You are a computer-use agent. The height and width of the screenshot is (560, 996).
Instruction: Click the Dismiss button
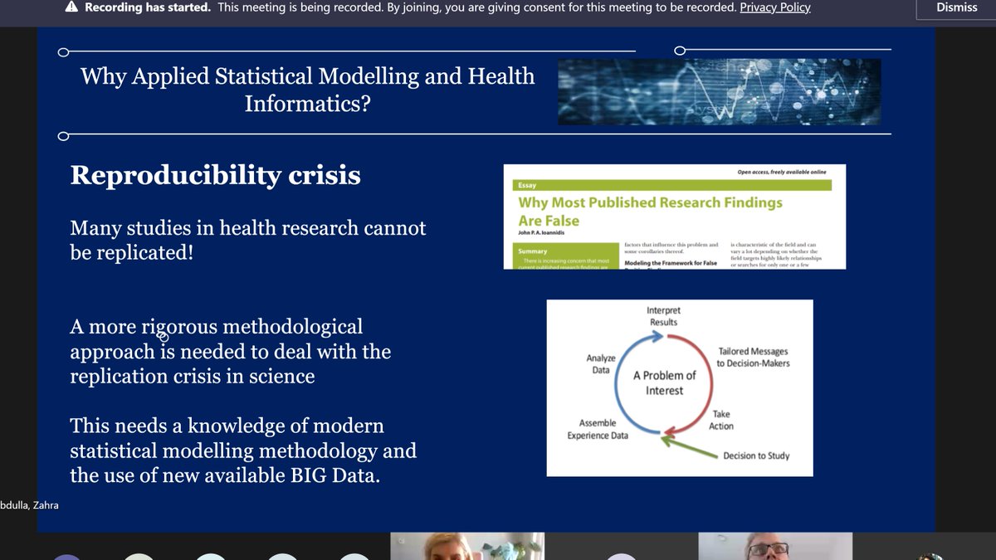click(x=957, y=7)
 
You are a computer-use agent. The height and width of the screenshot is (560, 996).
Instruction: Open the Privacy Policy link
click(x=775, y=7)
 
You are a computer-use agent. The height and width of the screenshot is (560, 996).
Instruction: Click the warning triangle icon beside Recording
click(x=71, y=7)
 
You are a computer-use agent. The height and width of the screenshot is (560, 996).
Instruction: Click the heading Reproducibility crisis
click(x=215, y=175)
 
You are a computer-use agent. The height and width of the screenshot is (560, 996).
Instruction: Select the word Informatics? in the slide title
click(x=307, y=104)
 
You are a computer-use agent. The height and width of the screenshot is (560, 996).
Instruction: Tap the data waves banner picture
click(x=719, y=91)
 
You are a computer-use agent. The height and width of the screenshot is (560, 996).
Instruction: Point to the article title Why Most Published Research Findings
click(x=650, y=202)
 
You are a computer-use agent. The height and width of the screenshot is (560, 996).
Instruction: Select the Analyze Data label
click(x=601, y=364)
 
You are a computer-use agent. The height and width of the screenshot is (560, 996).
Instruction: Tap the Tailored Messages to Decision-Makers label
click(x=753, y=358)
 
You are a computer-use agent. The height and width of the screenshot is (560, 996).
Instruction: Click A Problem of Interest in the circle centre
click(x=664, y=382)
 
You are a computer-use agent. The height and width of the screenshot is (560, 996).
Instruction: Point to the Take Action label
click(x=721, y=420)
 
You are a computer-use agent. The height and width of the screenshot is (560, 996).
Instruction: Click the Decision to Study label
click(x=756, y=455)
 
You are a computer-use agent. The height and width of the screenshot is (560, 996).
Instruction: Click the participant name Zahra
click(x=45, y=504)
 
